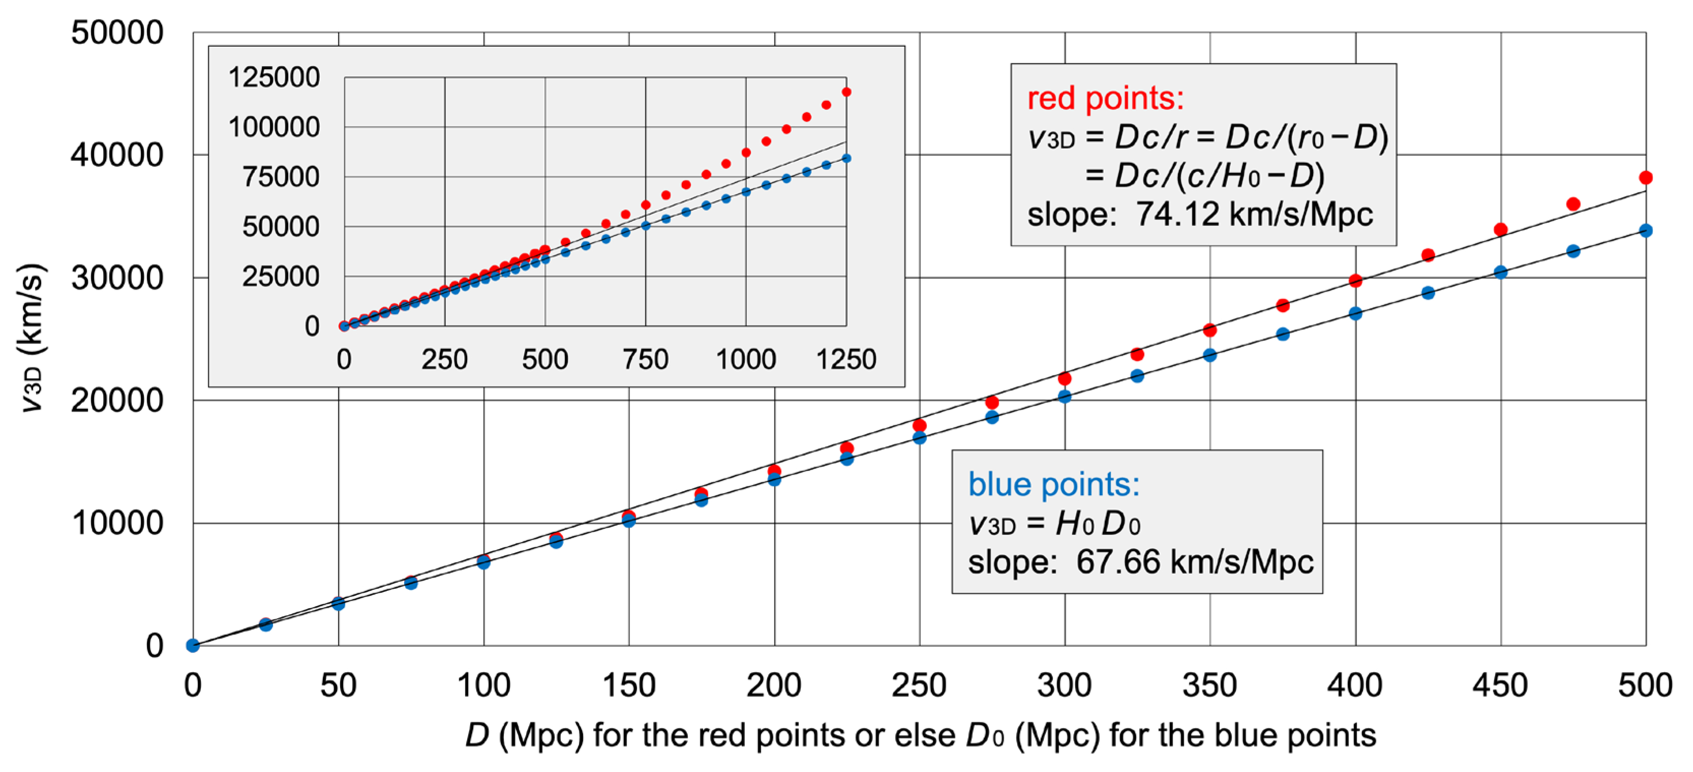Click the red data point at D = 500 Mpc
tap(1645, 178)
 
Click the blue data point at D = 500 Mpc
tap(1645, 230)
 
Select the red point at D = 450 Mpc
tap(1500, 229)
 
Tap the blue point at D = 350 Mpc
tap(1210, 355)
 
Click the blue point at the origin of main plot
tap(193, 645)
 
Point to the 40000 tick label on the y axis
tap(117, 155)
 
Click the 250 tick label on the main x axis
tap(918, 685)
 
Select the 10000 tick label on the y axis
tap(117, 524)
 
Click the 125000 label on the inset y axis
tap(274, 77)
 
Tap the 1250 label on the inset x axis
tap(846, 360)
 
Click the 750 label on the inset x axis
tap(645, 360)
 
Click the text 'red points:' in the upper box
tap(1105, 99)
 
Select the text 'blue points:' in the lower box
tap(1053, 484)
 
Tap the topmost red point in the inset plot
tap(846, 92)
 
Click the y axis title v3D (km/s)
tap(32, 338)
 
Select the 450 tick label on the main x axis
tap(1500, 685)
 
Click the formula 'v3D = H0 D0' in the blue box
tap(1053, 524)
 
